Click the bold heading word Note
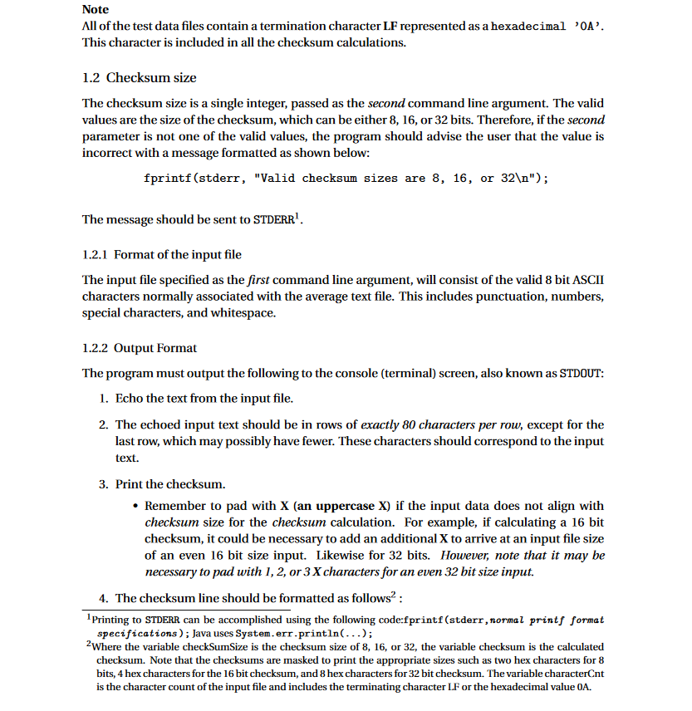[96, 10]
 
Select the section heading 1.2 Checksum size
[140, 78]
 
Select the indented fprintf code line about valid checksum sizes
[346, 179]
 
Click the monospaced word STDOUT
[583, 374]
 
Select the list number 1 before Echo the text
[102, 399]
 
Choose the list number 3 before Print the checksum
[102, 483]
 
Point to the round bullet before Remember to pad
[135, 506]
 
